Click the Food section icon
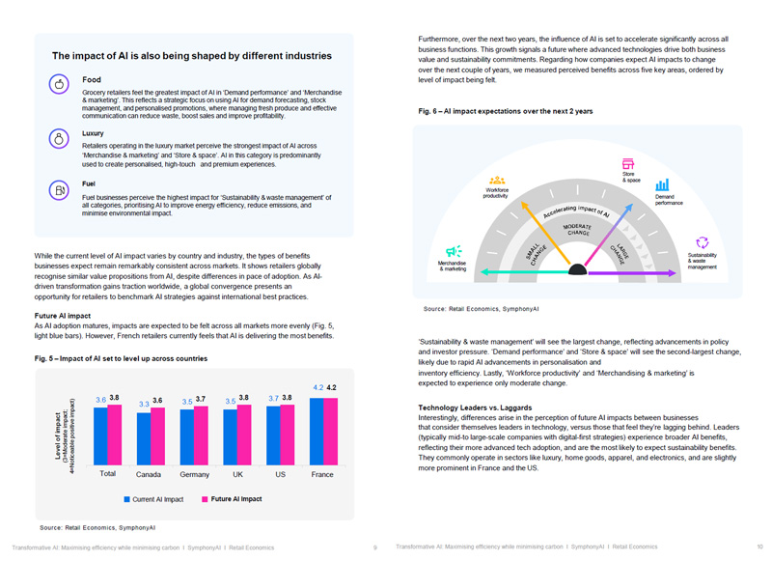(59, 85)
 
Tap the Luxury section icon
(59, 138)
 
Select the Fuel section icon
(59, 190)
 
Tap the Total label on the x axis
(108, 473)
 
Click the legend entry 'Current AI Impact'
(154, 499)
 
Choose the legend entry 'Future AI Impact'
(232, 499)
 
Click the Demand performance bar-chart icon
(663, 184)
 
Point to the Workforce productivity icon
(497, 180)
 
